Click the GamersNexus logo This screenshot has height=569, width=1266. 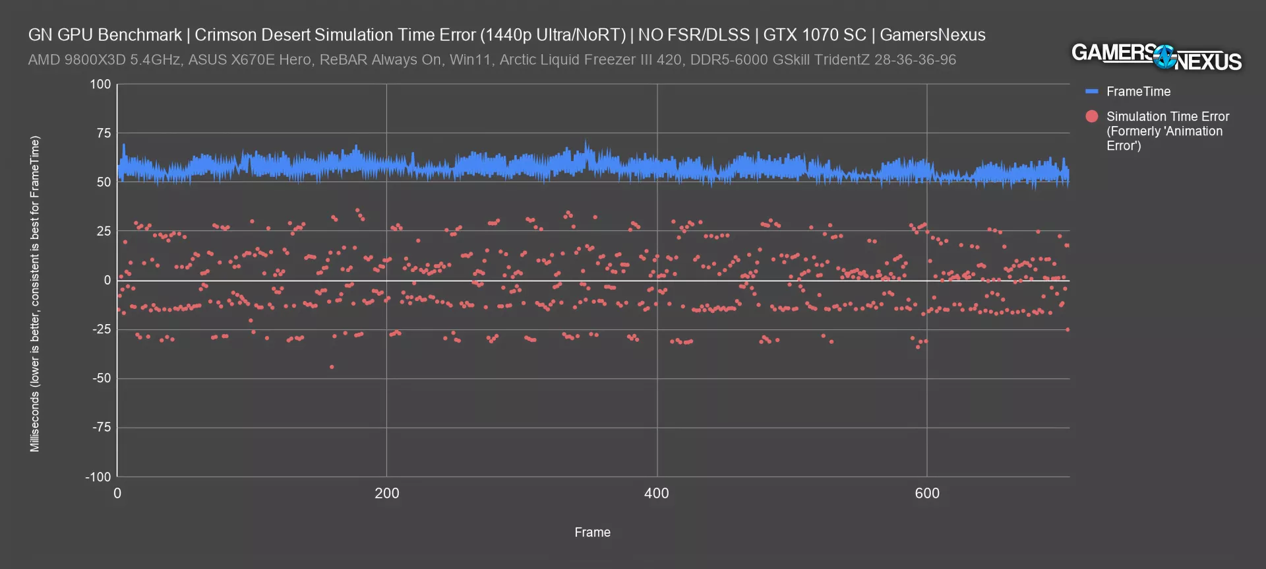tap(1156, 57)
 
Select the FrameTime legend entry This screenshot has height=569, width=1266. tap(1138, 92)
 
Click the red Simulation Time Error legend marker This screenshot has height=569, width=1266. tap(1092, 117)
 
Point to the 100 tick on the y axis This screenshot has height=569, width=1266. tap(100, 84)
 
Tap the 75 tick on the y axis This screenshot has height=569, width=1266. tap(104, 133)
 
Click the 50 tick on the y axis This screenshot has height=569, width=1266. tap(104, 182)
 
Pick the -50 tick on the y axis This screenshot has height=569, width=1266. tap(102, 378)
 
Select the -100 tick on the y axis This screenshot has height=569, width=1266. tap(98, 477)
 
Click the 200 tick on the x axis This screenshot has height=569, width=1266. tap(386, 493)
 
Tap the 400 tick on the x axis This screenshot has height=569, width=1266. tap(656, 493)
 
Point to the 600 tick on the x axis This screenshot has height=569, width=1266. tap(926, 493)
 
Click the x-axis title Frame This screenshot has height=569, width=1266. tap(592, 532)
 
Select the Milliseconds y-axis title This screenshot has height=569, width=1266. tap(35, 294)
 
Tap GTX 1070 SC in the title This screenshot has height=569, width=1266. tap(814, 35)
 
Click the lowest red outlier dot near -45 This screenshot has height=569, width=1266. tap(332, 367)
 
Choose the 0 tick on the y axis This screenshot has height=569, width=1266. tap(107, 281)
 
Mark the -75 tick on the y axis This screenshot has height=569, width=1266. tap(102, 428)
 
